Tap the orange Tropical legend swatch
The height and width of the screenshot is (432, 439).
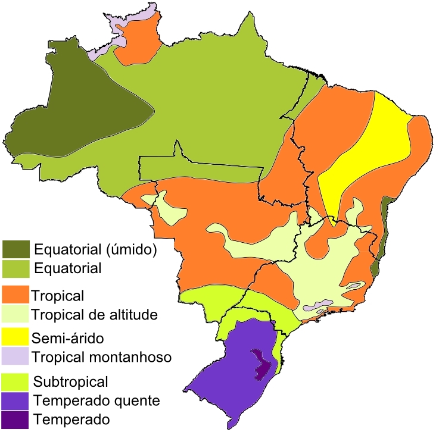15,295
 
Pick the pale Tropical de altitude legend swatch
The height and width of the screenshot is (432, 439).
15,314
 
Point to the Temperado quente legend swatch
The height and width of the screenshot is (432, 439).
15,400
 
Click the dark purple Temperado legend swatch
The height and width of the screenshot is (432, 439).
15,419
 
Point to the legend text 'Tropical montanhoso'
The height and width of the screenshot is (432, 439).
101,357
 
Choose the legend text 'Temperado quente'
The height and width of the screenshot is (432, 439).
96,400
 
